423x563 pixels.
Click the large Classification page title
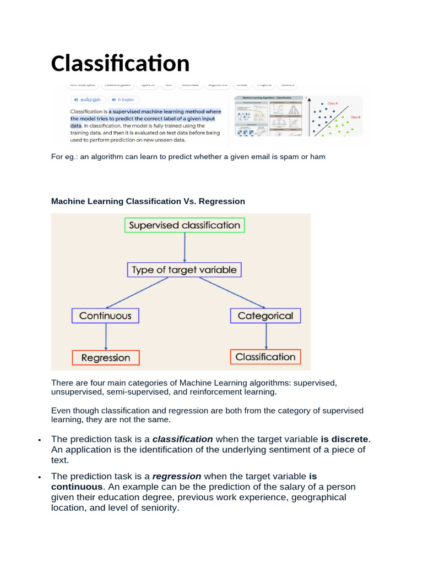pos(120,63)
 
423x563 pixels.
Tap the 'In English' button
pos(123,100)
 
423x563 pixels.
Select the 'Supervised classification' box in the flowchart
pos(184,225)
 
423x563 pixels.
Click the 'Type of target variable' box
pos(184,270)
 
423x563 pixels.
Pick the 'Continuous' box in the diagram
pos(105,316)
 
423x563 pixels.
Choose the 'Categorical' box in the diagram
pos(265,316)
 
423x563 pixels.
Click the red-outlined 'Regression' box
pos(106,358)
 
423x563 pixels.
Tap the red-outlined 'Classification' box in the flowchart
pos(265,357)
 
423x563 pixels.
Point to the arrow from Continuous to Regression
pos(105,336)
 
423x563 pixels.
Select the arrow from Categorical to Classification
pos(266,336)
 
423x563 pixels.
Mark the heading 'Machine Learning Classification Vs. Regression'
pos(148,201)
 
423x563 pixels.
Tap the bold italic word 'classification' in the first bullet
pos(182,439)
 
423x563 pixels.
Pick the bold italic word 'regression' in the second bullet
pos(177,476)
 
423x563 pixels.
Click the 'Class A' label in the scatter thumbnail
pos(333,103)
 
